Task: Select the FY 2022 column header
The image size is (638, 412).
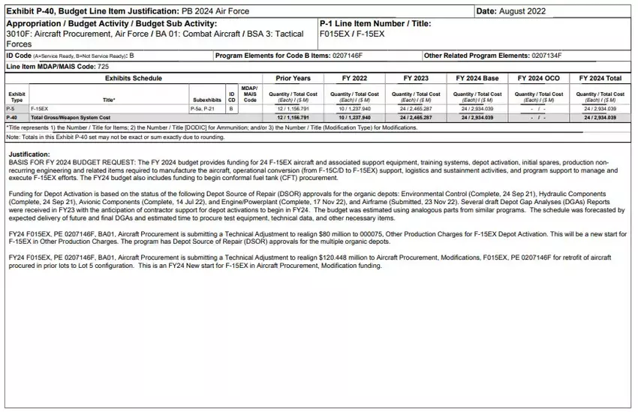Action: pos(354,78)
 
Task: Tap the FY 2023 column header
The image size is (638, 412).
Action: pos(416,78)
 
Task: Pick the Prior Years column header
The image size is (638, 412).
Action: pos(293,78)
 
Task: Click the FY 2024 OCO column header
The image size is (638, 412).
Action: pos(538,78)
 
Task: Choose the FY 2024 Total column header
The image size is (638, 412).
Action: pos(600,78)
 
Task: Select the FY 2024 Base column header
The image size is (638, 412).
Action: pos(477,78)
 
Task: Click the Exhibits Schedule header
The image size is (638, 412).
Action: pos(133,78)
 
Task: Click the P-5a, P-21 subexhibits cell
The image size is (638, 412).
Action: pos(203,109)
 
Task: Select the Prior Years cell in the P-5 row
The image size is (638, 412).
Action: pos(293,109)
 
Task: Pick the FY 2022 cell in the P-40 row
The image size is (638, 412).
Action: pos(354,118)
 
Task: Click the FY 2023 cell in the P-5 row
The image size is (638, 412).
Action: pos(416,109)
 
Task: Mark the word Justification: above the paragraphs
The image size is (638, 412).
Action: pos(28,154)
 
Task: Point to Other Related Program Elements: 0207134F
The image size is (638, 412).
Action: pos(492,56)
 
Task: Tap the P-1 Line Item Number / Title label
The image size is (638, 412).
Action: pos(375,23)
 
